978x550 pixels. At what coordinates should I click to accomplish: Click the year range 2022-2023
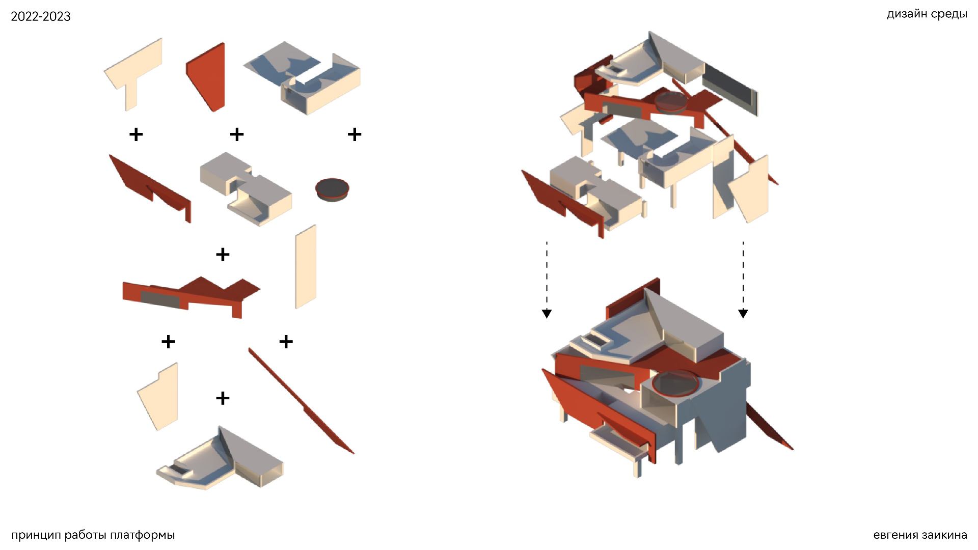click(41, 16)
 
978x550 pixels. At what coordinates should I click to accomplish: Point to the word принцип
click(36, 535)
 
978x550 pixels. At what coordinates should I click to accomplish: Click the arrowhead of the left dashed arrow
click(547, 313)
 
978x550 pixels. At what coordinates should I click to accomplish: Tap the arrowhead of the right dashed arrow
click(743, 313)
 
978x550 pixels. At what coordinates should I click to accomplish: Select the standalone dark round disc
click(332, 189)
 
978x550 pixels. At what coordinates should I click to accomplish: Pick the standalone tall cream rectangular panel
click(306, 267)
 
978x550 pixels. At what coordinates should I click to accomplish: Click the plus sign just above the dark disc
click(355, 134)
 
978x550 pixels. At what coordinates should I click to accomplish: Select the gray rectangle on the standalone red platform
click(160, 299)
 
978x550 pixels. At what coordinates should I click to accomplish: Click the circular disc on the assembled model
click(675, 382)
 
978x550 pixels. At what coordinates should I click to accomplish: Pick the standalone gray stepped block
click(246, 188)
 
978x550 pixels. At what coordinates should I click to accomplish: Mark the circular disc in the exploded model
click(672, 101)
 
